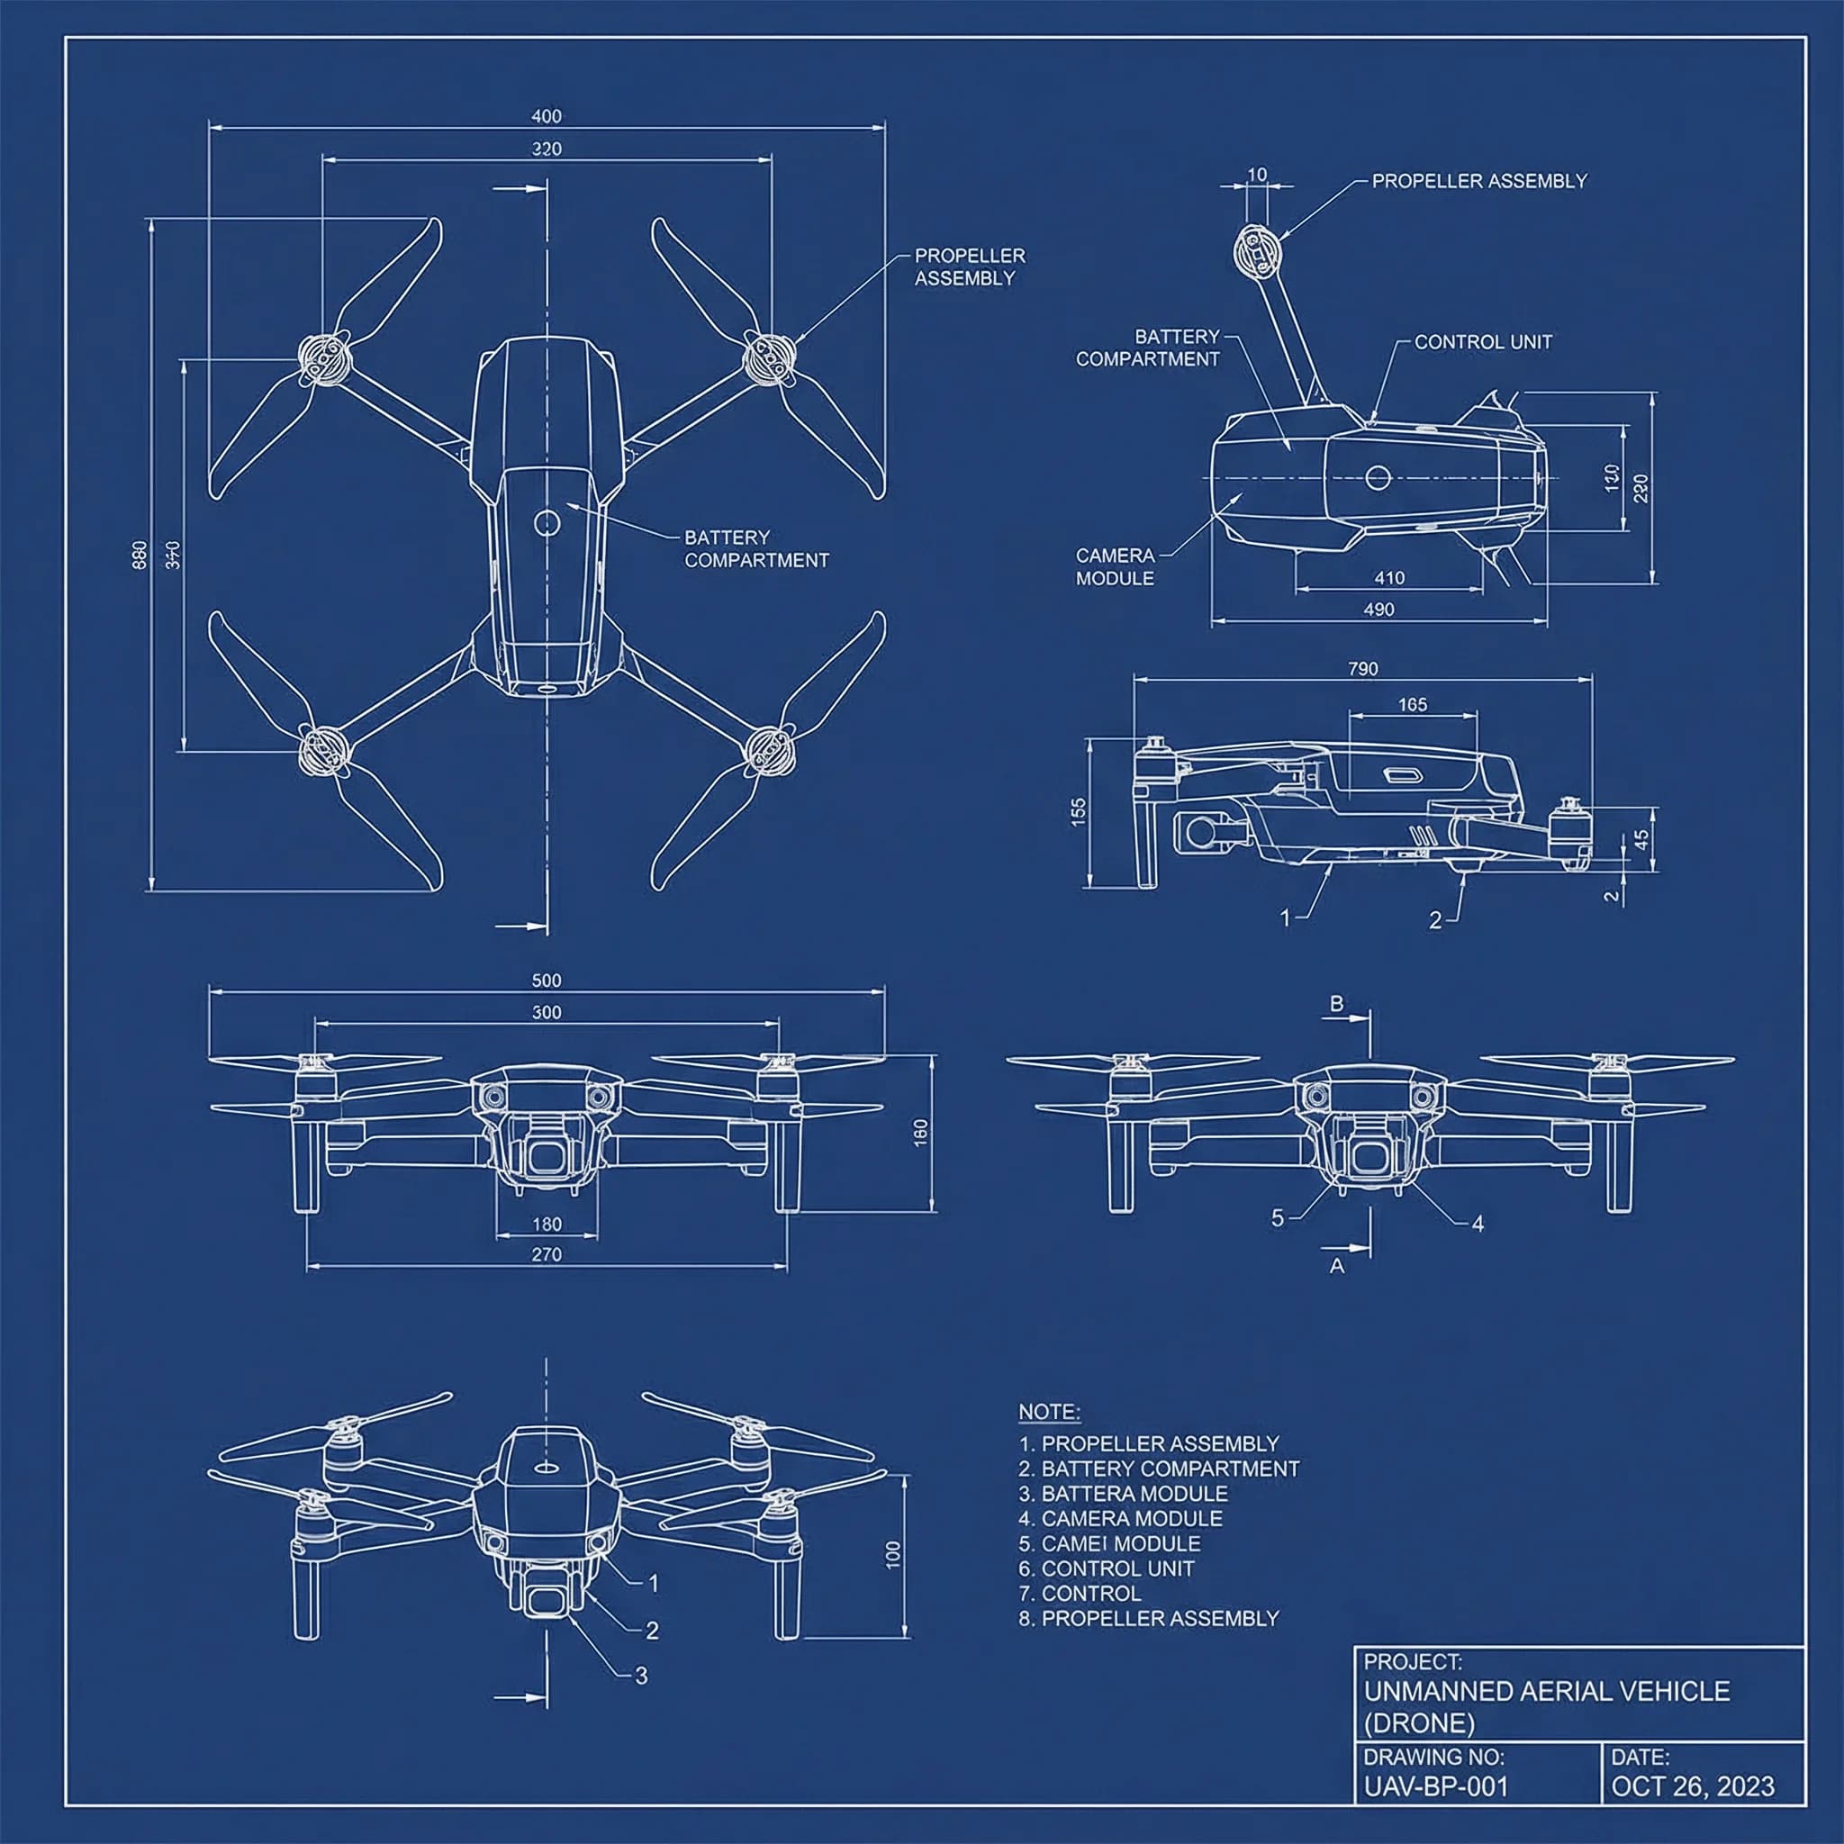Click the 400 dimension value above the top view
pos(546,116)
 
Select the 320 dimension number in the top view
pos(546,149)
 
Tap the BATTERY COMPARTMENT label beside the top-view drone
pos(756,549)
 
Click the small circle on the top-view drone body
pos(547,522)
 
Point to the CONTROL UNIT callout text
pos(1483,341)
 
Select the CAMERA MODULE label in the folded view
pos(1115,566)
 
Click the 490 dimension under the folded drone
pos(1379,609)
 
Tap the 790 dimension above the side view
pos(1363,669)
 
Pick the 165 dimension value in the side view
pos(1413,704)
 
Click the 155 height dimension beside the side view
pos(1079,811)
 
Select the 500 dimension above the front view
pos(546,981)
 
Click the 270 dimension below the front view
pos(546,1254)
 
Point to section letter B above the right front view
pos(1337,1003)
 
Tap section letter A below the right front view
pos(1337,1266)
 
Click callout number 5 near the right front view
pos(1277,1218)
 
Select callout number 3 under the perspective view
pos(641,1675)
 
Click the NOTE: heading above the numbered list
pos(1049,1412)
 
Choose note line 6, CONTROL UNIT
pos(1107,1568)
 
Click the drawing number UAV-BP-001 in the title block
pos(1435,1786)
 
